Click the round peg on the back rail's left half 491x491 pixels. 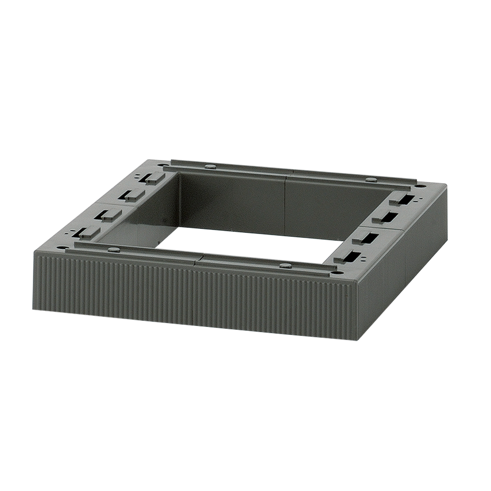coord(210,166)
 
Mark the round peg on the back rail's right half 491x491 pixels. coord(371,180)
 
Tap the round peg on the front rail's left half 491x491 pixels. coord(113,250)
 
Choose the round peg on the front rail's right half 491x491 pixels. coord(286,266)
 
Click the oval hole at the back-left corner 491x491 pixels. coord(161,164)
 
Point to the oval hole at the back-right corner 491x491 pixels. coord(420,186)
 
